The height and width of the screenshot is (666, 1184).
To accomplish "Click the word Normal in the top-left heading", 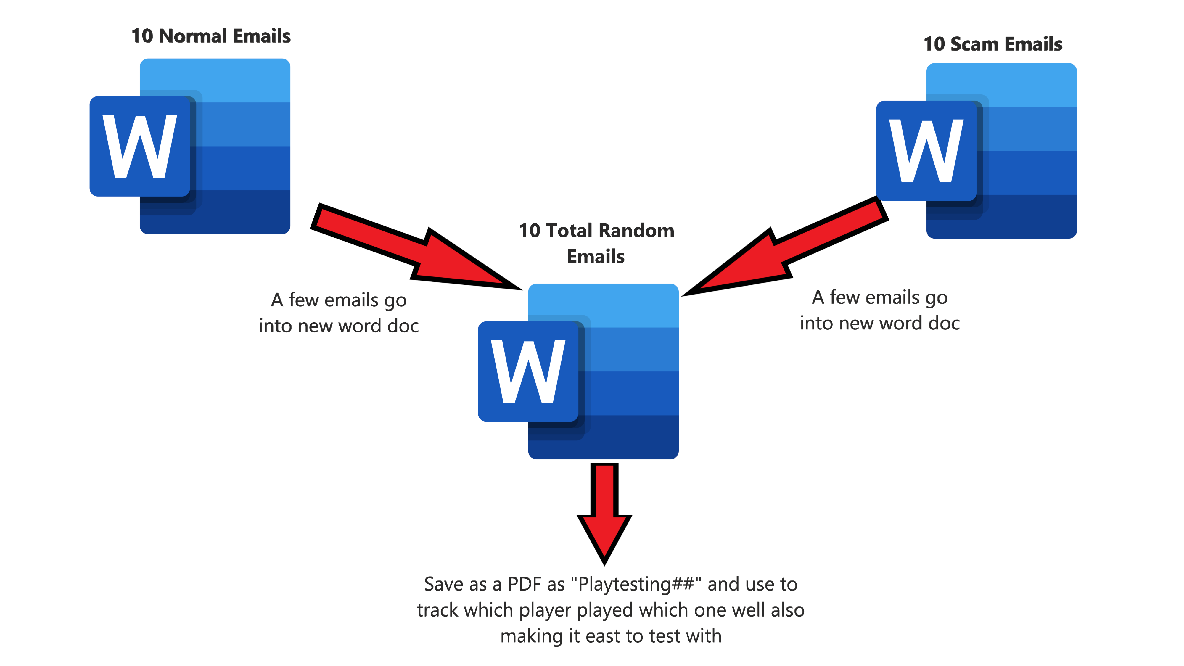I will tap(193, 36).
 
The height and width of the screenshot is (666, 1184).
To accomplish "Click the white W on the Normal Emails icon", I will tap(140, 146).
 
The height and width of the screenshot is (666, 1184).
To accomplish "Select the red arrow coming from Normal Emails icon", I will tap(414, 248).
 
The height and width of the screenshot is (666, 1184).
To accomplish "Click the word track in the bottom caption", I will tap(437, 610).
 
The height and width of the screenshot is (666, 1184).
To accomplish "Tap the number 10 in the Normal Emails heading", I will tap(142, 36).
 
